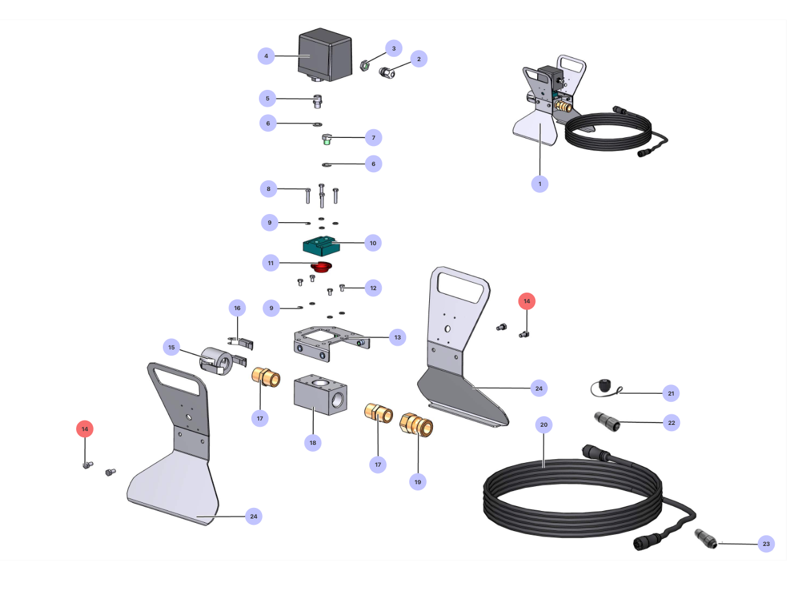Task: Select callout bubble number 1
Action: [540, 184]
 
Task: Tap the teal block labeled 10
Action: [322, 246]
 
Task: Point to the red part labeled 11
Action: [322, 267]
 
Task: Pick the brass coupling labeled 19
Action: [416, 426]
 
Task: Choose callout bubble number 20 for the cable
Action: [544, 425]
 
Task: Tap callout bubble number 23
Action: [766, 544]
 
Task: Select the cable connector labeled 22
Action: [607, 421]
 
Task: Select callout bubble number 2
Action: [419, 59]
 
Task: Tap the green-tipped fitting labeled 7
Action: [326, 139]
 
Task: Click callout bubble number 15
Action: [172, 348]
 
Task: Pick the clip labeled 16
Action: [241, 343]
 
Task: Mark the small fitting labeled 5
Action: [318, 100]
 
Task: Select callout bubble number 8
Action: [269, 189]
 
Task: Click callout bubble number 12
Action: [373, 288]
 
